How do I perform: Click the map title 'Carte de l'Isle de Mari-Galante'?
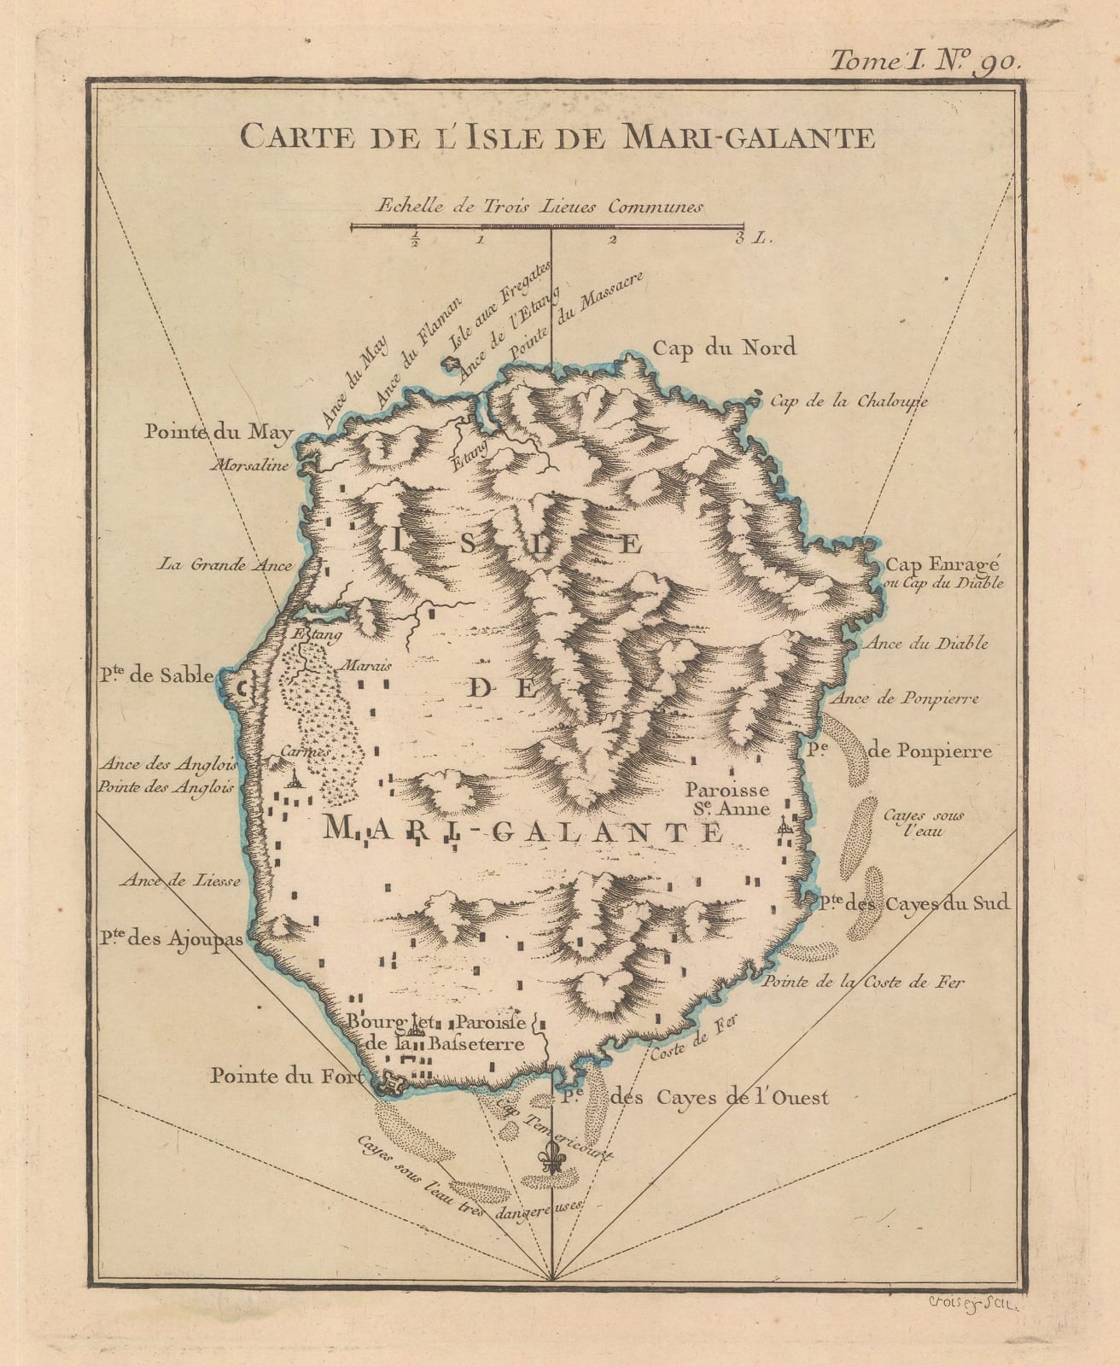557,136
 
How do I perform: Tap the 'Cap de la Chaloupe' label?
849,400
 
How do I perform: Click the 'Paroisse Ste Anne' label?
731,800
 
